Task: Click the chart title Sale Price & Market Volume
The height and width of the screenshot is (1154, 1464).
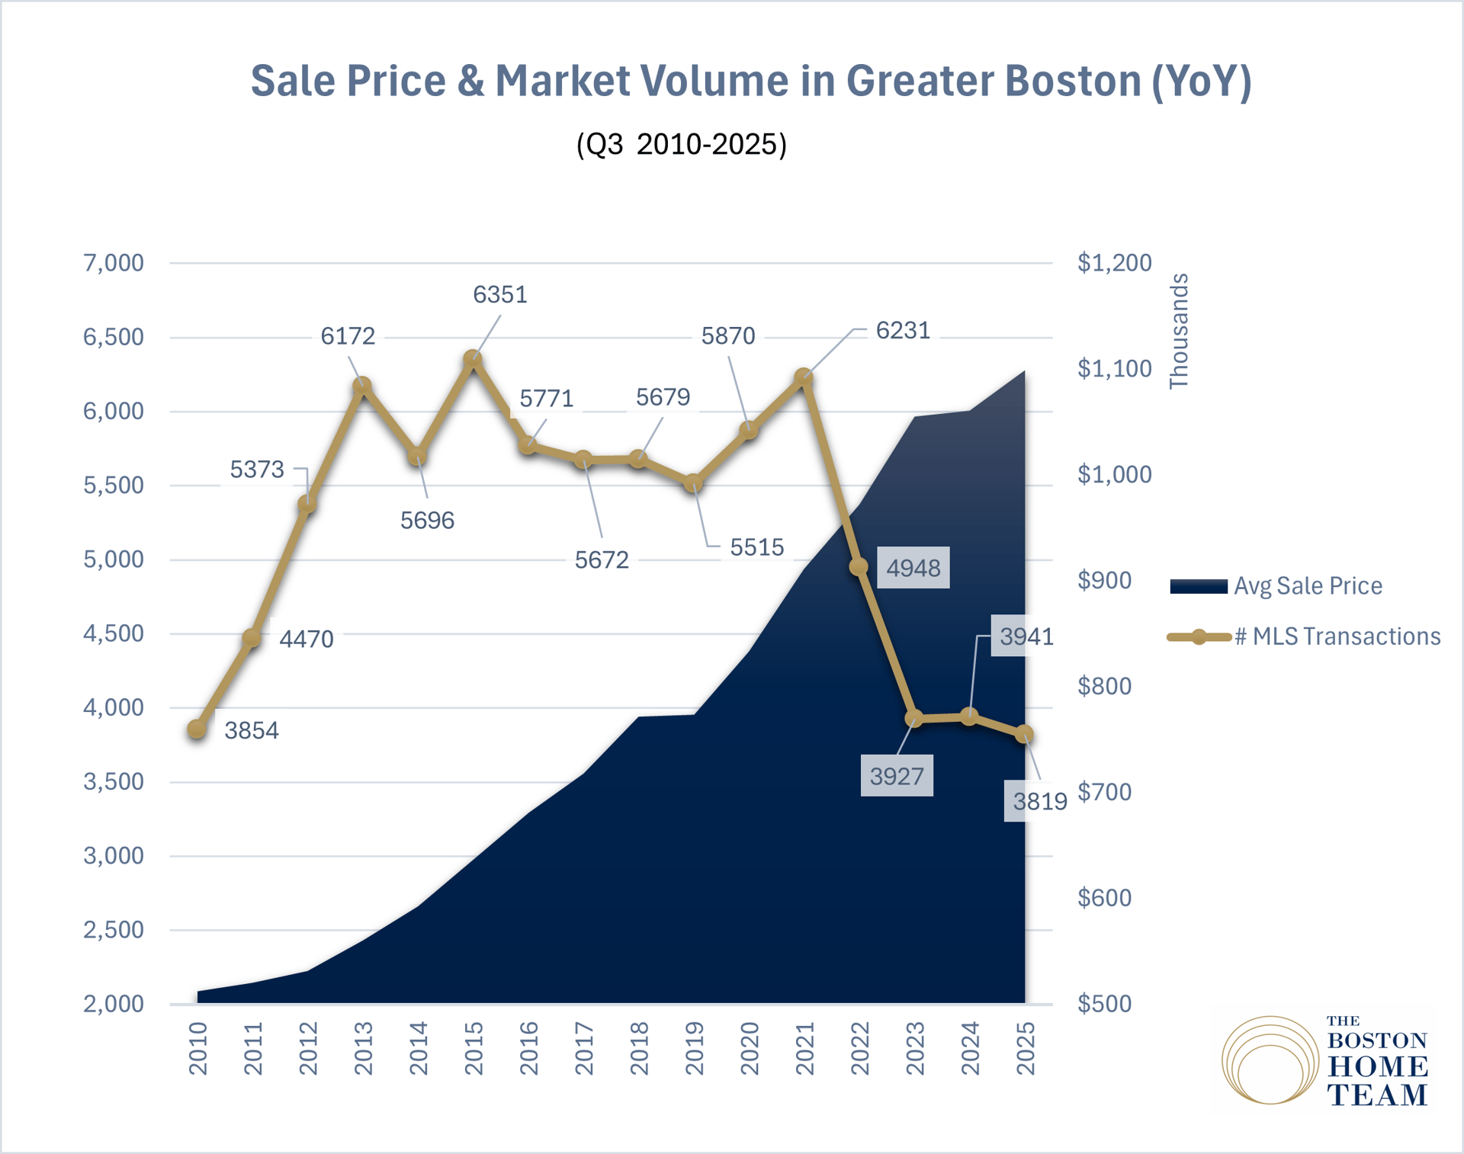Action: point(751,81)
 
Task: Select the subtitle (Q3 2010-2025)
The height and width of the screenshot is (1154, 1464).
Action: point(681,144)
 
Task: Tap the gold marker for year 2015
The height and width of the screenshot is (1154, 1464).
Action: point(473,358)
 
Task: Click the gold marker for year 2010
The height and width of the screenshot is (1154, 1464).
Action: point(197,729)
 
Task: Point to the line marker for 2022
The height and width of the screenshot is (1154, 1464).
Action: point(859,566)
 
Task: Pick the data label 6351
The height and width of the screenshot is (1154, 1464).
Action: point(500,294)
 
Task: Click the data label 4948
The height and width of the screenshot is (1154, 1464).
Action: point(913,568)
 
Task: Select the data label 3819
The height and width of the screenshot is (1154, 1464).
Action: point(1039,801)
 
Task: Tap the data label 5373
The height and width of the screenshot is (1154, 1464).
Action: point(257,470)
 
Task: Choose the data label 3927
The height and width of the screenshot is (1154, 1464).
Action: point(897,776)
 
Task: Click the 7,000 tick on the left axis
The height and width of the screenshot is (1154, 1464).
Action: point(114,263)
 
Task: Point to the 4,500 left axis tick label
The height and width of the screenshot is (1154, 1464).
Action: point(114,633)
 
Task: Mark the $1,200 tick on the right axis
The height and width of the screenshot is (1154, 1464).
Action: point(1114,263)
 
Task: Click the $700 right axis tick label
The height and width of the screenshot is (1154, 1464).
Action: point(1104,792)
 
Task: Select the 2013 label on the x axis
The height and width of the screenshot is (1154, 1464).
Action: point(364,1049)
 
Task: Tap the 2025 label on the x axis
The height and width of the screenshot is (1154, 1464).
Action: point(1026,1049)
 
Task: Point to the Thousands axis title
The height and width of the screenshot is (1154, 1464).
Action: point(1179,332)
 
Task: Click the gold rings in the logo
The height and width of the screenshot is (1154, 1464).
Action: point(1270,1060)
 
